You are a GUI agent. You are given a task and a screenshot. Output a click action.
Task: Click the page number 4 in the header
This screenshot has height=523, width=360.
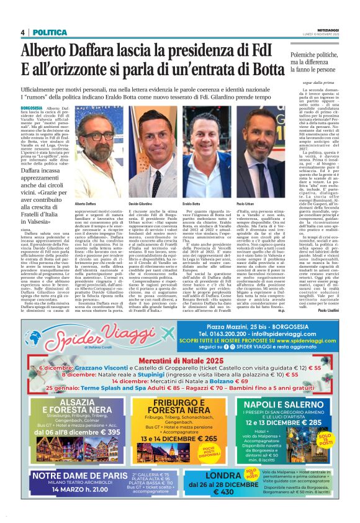tap(22, 32)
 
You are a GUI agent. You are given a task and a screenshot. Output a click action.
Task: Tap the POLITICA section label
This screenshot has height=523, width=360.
tap(47, 32)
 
